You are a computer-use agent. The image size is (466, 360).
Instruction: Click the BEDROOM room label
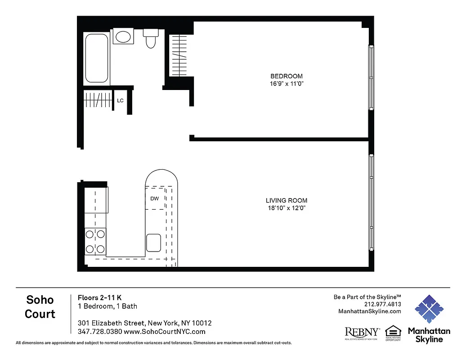[286, 76]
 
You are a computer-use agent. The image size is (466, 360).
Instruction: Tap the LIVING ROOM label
[286, 201]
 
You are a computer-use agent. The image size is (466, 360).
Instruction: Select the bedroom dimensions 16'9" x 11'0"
[286, 84]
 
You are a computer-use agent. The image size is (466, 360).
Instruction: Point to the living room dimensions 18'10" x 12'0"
[286, 208]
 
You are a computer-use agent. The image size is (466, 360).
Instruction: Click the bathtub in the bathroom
[97, 58]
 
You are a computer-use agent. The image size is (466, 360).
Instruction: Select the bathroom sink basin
[122, 36]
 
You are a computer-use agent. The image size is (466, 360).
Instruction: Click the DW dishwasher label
[154, 198]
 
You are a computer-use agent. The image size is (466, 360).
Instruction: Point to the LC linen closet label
[120, 100]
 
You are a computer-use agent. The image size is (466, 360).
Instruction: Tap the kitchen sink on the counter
[153, 243]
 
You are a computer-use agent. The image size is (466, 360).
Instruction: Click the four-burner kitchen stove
[95, 241]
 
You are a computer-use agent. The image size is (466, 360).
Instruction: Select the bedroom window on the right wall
[371, 77]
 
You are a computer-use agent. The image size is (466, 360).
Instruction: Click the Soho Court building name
[40, 306]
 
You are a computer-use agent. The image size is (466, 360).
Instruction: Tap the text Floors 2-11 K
[100, 297]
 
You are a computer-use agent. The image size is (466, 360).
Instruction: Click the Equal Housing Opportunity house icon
[393, 331]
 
